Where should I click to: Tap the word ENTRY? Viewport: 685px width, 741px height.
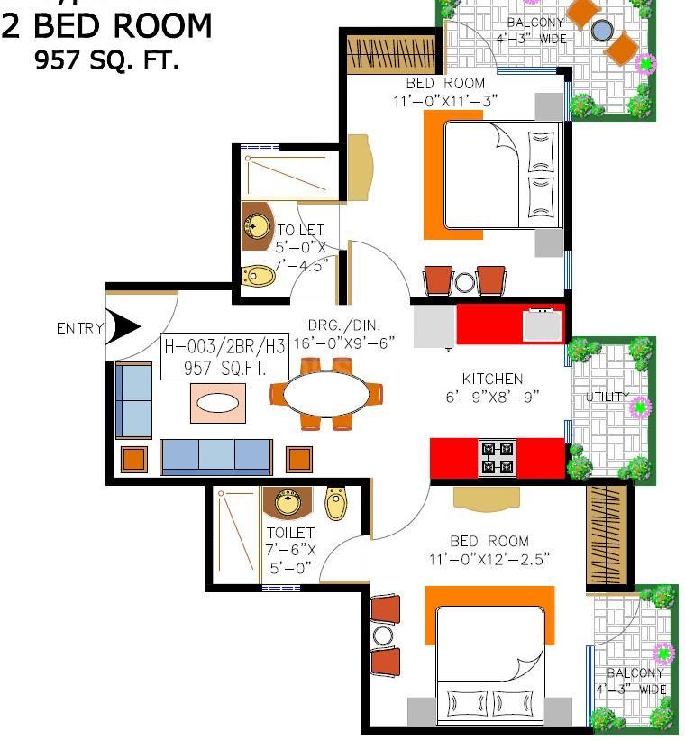(x=80, y=328)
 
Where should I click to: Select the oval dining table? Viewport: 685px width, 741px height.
(x=326, y=394)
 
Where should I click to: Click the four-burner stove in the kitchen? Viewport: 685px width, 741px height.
(x=497, y=458)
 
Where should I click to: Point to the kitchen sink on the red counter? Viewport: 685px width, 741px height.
(x=542, y=325)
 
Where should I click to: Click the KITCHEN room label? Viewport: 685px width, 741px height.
(x=492, y=379)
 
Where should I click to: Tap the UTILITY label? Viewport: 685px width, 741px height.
(x=607, y=397)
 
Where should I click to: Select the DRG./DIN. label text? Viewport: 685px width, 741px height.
(x=344, y=325)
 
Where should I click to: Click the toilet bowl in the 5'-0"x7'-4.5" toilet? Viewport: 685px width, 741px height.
(x=259, y=276)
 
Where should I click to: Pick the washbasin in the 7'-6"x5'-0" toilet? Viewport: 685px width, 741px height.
(x=288, y=503)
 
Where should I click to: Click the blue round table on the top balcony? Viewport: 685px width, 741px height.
(x=602, y=31)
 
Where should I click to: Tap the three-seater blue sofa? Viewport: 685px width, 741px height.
(x=216, y=457)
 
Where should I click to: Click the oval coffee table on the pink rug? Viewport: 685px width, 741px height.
(x=217, y=404)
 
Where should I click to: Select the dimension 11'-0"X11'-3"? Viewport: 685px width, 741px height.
(x=445, y=101)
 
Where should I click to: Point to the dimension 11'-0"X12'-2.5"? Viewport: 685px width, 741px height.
(x=489, y=560)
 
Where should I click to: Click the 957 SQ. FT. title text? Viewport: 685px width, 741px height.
(x=106, y=60)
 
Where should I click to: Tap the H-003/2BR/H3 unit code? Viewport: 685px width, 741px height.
(x=224, y=347)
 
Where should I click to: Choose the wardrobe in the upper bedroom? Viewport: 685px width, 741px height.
(x=392, y=54)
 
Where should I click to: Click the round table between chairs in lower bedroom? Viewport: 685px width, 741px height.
(x=383, y=636)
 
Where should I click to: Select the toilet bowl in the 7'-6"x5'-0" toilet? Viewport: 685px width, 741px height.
(x=336, y=503)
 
